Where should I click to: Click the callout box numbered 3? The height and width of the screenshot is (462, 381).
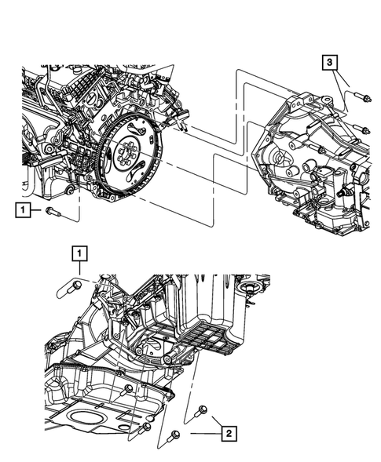[331, 62]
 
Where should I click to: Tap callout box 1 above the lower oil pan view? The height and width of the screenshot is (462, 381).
[80, 253]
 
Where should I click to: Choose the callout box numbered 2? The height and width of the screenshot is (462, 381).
[228, 431]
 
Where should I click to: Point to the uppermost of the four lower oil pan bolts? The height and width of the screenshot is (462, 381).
[128, 391]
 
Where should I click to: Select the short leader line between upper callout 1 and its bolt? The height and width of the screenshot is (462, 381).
[38, 209]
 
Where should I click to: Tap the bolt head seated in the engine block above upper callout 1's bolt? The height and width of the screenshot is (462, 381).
[69, 191]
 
